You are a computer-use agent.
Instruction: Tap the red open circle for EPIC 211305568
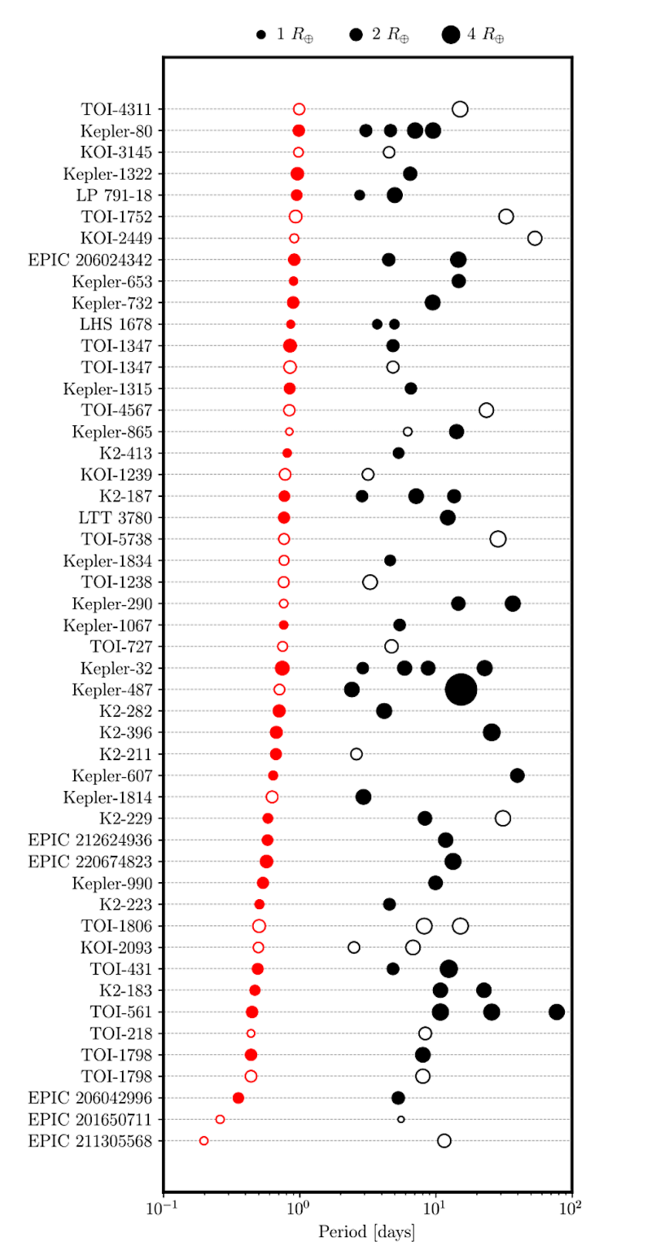(x=203, y=1140)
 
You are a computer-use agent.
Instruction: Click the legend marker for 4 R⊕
(x=450, y=35)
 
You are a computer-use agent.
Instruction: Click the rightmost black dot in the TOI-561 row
(x=557, y=1012)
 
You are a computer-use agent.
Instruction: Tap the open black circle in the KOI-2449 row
(x=535, y=238)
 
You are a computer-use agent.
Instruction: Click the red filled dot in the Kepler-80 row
(x=299, y=130)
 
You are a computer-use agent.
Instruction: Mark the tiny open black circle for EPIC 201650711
(x=400, y=1119)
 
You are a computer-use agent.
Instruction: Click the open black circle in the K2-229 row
(x=503, y=818)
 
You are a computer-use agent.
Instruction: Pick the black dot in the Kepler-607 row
(x=517, y=775)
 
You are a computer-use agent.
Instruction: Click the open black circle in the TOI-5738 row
(x=498, y=538)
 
